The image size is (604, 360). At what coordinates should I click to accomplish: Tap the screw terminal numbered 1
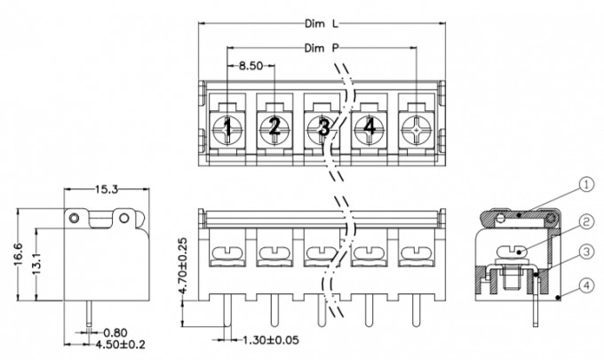228,129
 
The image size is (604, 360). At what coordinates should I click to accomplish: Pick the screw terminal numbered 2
275,129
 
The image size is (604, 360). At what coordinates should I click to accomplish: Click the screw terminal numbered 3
323,129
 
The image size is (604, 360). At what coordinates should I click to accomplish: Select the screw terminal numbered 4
370,129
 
